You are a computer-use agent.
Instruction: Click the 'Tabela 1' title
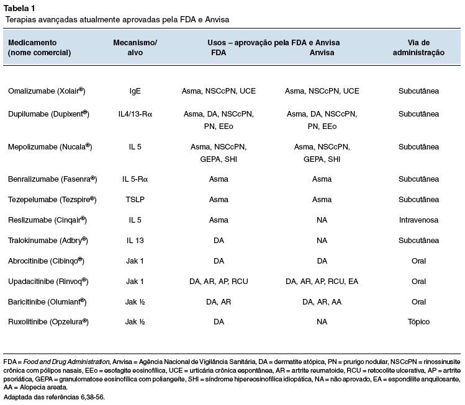pyautogui.click(x=19, y=8)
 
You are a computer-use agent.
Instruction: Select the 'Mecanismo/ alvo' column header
pyautogui.click(x=135, y=47)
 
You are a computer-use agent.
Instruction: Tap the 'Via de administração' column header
pyautogui.click(x=418, y=47)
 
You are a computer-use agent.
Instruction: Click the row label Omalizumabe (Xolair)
pyautogui.click(x=47, y=91)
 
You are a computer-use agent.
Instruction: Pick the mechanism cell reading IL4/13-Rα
pyautogui.click(x=135, y=114)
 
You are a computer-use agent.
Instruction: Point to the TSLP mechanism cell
pyautogui.click(x=135, y=199)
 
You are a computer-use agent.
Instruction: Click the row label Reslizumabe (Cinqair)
pyautogui.click(x=47, y=220)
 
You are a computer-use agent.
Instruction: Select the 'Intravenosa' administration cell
pyautogui.click(x=418, y=220)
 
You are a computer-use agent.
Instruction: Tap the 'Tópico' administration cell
pyautogui.click(x=418, y=322)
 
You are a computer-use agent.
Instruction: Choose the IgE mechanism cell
pyautogui.click(x=135, y=91)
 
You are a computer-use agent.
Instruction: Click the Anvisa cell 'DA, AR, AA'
pyautogui.click(x=322, y=302)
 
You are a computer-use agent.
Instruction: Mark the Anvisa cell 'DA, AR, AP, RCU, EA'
pyautogui.click(x=322, y=282)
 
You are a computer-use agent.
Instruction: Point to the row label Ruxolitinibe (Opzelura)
pyautogui.click(x=48, y=322)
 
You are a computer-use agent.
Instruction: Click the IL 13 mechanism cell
pyautogui.click(x=135, y=240)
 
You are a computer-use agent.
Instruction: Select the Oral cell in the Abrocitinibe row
pyautogui.click(x=418, y=261)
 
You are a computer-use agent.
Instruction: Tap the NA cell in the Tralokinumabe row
pyautogui.click(x=322, y=240)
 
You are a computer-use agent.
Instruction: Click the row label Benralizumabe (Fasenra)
pyautogui.click(x=53, y=179)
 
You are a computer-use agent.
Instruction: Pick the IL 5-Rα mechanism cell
pyautogui.click(x=135, y=179)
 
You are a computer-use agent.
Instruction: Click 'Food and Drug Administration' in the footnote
pyautogui.click(x=66, y=362)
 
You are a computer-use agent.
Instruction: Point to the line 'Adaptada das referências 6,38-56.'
pyautogui.click(x=54, y=397)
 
